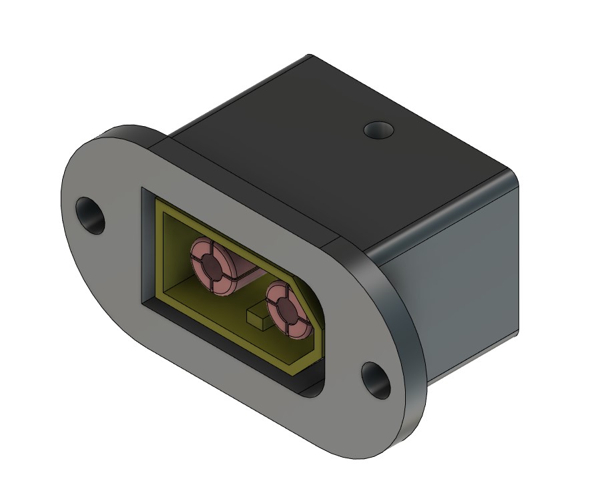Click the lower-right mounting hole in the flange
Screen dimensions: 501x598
click(x=377, y=380)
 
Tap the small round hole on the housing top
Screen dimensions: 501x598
click(x=378, y=129)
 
